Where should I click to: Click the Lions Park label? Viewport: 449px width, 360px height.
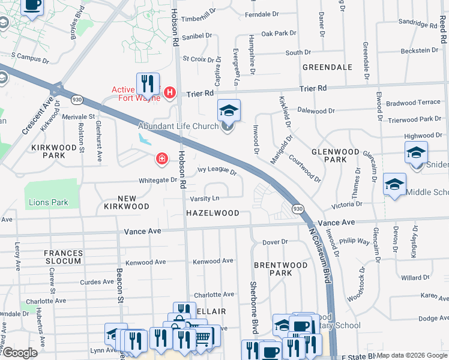click(49, 202)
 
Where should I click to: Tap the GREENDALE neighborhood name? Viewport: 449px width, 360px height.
click(327, 67)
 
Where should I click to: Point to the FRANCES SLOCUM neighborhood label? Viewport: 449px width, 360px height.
click(63, 257)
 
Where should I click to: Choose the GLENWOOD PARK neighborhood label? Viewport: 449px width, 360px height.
click(335, 155)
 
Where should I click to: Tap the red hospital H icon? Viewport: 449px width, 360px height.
click(170, 92)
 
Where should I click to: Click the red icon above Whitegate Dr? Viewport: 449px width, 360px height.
click(161, 159)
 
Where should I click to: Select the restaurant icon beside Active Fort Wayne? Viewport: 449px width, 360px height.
click(147, 85)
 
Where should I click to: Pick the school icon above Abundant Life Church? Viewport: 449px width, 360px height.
click(229, 111)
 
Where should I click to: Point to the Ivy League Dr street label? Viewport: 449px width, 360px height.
click(217, 171)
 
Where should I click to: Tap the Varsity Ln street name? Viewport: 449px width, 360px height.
click(205, 199)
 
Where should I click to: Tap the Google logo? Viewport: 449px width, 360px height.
click(19, 352)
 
